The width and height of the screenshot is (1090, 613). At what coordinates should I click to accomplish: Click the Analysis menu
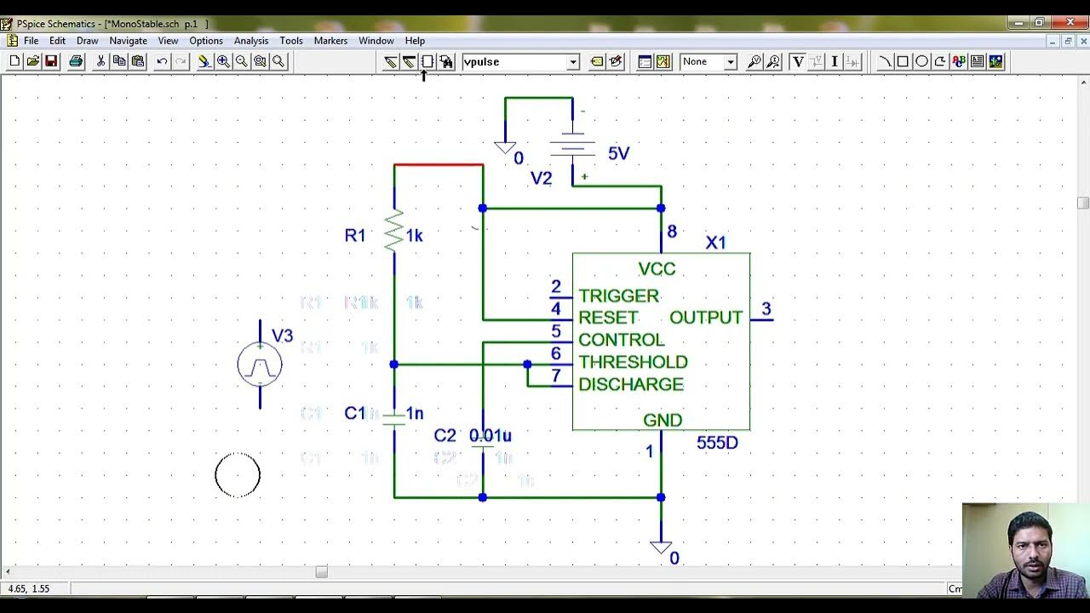coord(250,41)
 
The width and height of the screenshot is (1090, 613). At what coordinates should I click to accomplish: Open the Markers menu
coord(330,41)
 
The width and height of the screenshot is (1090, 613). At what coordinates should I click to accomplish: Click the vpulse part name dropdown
coord(520,61)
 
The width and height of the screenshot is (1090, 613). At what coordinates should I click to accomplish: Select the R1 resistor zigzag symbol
coord(393,232)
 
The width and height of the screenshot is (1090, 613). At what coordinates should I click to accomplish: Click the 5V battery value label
coord(618,153)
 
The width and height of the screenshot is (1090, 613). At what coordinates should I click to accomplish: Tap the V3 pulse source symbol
coord(260,365)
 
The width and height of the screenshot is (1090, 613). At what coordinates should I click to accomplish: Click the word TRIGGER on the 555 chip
coord(618,295)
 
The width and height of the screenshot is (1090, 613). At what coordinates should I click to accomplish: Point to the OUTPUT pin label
coord(706,318)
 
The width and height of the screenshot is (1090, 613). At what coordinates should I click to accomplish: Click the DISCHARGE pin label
coord(631,384)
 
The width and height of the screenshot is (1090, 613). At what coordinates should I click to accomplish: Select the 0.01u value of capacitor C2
coord(490,435)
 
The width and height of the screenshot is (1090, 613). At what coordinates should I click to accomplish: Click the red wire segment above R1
coord(439,164)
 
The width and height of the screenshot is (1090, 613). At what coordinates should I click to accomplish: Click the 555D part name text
coord(717,443)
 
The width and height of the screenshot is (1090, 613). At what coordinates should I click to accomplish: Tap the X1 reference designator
coord(715,243)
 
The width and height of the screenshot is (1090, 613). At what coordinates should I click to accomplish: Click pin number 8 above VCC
coord(672,232)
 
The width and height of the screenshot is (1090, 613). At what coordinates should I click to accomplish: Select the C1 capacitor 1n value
coord(415,413)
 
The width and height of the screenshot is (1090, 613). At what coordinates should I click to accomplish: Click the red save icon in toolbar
coord(51,61)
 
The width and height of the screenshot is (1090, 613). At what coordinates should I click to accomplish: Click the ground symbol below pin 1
coord(661,547)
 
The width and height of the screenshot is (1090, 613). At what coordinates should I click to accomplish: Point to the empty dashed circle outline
coord(238,475)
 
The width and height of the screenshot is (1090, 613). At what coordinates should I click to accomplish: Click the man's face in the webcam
coord(1030,545)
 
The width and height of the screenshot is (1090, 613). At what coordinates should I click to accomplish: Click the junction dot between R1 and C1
coord(393,364)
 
